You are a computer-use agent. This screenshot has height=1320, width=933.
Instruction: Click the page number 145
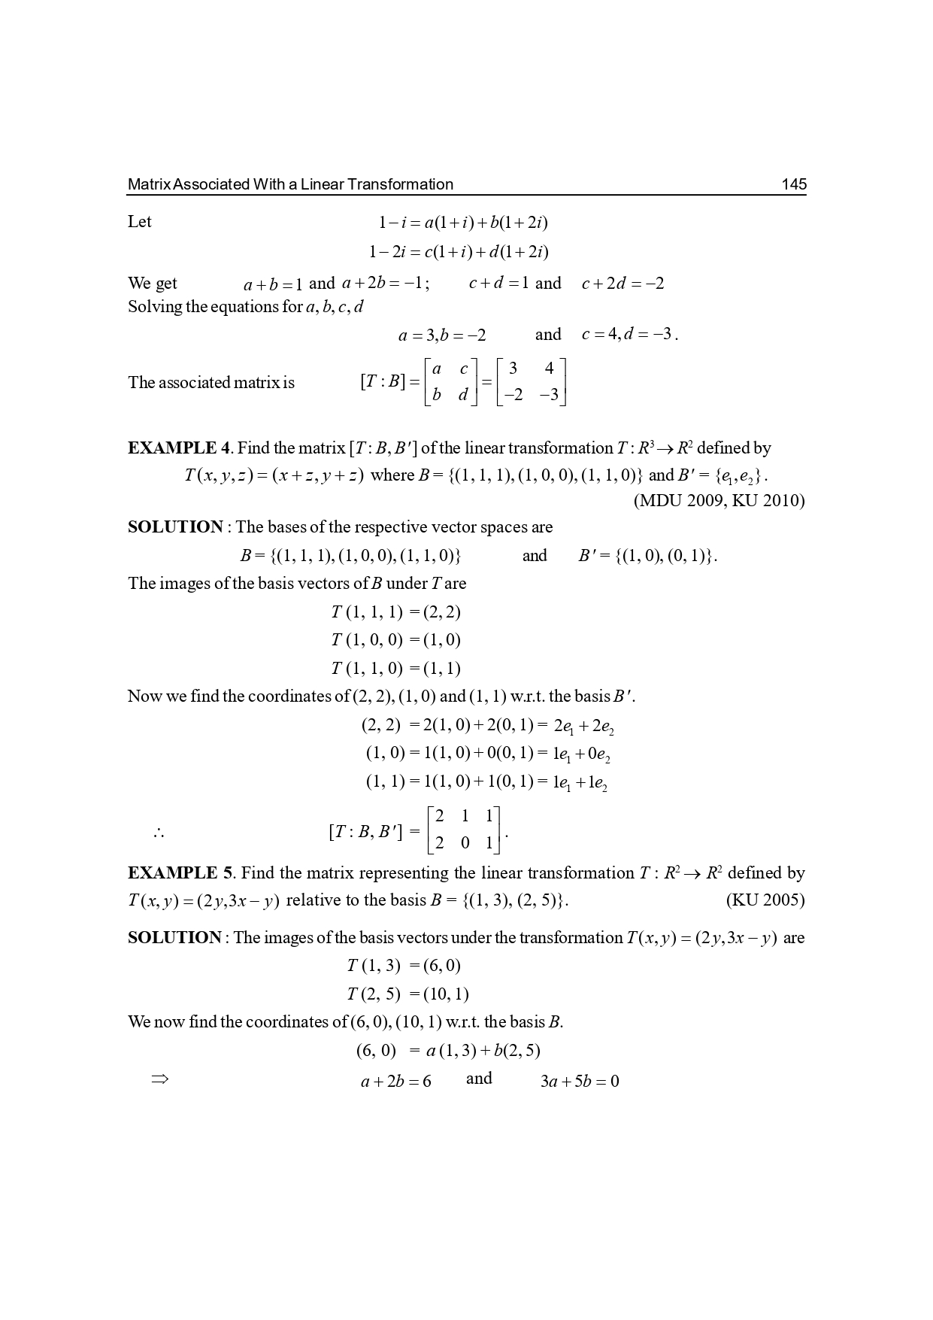point(794,184)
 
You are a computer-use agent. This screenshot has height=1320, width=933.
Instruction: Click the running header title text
point(290,184)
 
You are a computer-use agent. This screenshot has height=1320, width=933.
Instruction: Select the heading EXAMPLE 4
point(179,448)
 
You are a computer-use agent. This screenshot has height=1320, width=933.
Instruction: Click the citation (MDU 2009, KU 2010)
point(719,501)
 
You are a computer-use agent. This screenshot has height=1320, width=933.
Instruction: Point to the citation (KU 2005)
point(765,900)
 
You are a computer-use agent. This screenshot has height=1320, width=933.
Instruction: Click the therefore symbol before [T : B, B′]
point(158,833)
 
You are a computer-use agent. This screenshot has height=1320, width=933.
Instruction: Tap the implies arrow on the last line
point(159,1080)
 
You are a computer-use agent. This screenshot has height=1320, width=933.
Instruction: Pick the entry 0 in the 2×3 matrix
point(465,843)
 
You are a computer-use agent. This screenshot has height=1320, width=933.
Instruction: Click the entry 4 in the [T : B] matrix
point(550,369)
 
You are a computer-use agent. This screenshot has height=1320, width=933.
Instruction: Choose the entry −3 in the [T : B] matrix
point(549,395)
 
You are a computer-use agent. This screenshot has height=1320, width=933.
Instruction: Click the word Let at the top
point(140,222)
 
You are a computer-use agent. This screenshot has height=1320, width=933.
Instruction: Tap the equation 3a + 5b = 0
point(580,1082)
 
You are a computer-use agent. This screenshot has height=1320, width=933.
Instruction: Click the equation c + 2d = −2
point(623,284)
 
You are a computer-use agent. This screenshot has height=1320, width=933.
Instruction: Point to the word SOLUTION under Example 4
point(175,527)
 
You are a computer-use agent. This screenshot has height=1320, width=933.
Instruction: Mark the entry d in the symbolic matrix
point(463,395)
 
